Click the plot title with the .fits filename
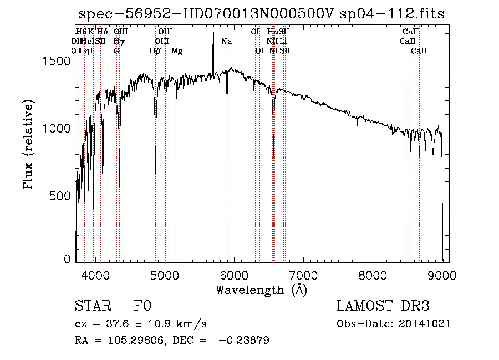261,14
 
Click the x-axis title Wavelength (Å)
261,290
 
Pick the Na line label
226,41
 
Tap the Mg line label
177,51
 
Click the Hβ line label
155,51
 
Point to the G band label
116,51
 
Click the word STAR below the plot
91,306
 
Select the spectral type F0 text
142,306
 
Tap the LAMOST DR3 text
383,306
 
